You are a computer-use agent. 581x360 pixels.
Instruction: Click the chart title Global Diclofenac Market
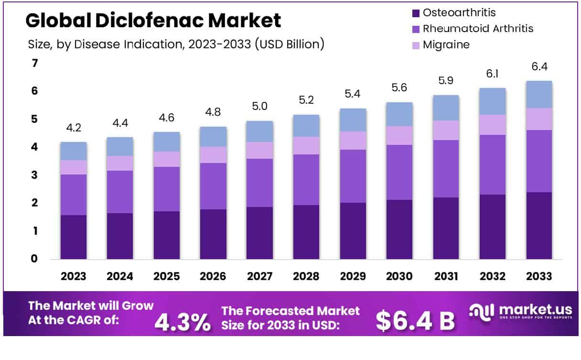pyautogui.click(x=153, y=21)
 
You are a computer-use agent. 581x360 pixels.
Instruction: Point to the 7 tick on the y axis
pyautogui.click(x=34, y=63)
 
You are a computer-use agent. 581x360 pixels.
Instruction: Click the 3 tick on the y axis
pyautogui.click(x=34, y=175)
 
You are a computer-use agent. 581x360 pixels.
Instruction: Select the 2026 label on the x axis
pyautogui.click(x=213, y=276)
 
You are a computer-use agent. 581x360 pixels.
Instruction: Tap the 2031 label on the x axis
pyautogui.click(x=446, y=276)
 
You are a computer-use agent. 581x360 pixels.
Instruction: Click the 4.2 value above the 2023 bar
pyautogui.click(x=74, y=129)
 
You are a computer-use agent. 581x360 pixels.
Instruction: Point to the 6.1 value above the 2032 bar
pyautogui.click(x=493, y=75)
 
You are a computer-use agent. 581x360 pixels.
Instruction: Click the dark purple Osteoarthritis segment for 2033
pyautogui.click(x=539, y=226)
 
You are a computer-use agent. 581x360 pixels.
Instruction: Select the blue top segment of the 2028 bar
pyautogui.click(x=306, y=126)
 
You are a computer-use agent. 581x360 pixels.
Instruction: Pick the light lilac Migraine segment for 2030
pyautogui.click(x=399, y=135)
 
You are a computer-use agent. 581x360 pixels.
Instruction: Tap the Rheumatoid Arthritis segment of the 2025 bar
pyautogui.click(x=167, y=189)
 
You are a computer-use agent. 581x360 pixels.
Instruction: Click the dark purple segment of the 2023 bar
pyautogui.click(x=74, y=237)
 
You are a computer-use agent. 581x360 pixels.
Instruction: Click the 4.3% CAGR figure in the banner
pyautogui.click(x=182, y=322)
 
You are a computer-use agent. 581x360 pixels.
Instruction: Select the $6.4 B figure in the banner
pyautogui.click(x=415, y=321)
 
